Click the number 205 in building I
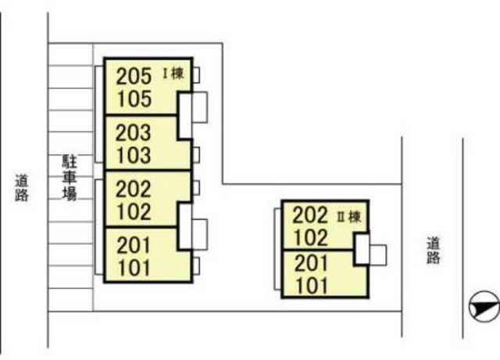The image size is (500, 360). coord(133,77)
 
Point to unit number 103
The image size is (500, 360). coord(133,155)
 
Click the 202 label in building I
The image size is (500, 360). coord(133,189)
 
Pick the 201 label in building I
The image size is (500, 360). coord(133,244)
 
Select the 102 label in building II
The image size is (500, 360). coord(311,237)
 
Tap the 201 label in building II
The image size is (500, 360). coord(311,263)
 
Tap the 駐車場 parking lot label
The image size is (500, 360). coord(70,177)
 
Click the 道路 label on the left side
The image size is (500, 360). coord(22,188)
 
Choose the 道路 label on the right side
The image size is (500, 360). coord(433,251)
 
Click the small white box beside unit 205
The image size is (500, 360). coord(195,75)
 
